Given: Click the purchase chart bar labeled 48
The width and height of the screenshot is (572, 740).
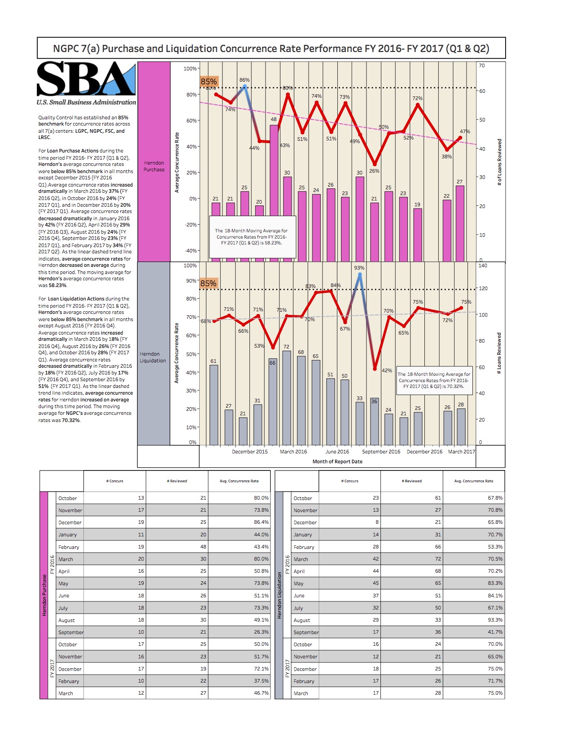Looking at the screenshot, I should [274, 193].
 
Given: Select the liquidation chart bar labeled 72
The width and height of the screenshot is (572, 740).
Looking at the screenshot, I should [286, 397].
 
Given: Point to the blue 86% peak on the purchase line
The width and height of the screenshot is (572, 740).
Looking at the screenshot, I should [245, 86].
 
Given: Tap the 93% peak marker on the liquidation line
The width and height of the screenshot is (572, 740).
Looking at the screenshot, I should [359, 274].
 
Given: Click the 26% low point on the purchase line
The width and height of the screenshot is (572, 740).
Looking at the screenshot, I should [375, 164].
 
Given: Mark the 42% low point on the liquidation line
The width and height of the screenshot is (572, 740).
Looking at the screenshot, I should [375, 369].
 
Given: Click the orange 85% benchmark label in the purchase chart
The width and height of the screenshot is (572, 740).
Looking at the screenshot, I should [209, 82].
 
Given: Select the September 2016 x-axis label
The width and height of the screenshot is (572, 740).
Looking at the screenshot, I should [381, 452].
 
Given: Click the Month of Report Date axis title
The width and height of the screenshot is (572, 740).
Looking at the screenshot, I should [337, 461].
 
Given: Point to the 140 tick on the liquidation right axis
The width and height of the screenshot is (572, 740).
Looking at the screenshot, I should [483, 266].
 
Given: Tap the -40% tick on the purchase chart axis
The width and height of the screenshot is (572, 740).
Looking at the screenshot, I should [191, 251].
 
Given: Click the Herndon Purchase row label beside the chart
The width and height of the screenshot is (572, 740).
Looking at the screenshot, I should [154, 166].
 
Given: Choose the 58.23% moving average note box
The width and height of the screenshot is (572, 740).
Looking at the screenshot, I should [251, 237].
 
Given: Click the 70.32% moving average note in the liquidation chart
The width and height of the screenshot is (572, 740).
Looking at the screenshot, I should [433, 380].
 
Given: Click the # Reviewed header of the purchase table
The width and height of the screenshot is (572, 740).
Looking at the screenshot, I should [177, 481].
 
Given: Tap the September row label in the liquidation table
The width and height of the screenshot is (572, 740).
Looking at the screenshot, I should [306, 632].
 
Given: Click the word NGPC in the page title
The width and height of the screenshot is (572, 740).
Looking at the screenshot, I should [66, 48].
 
